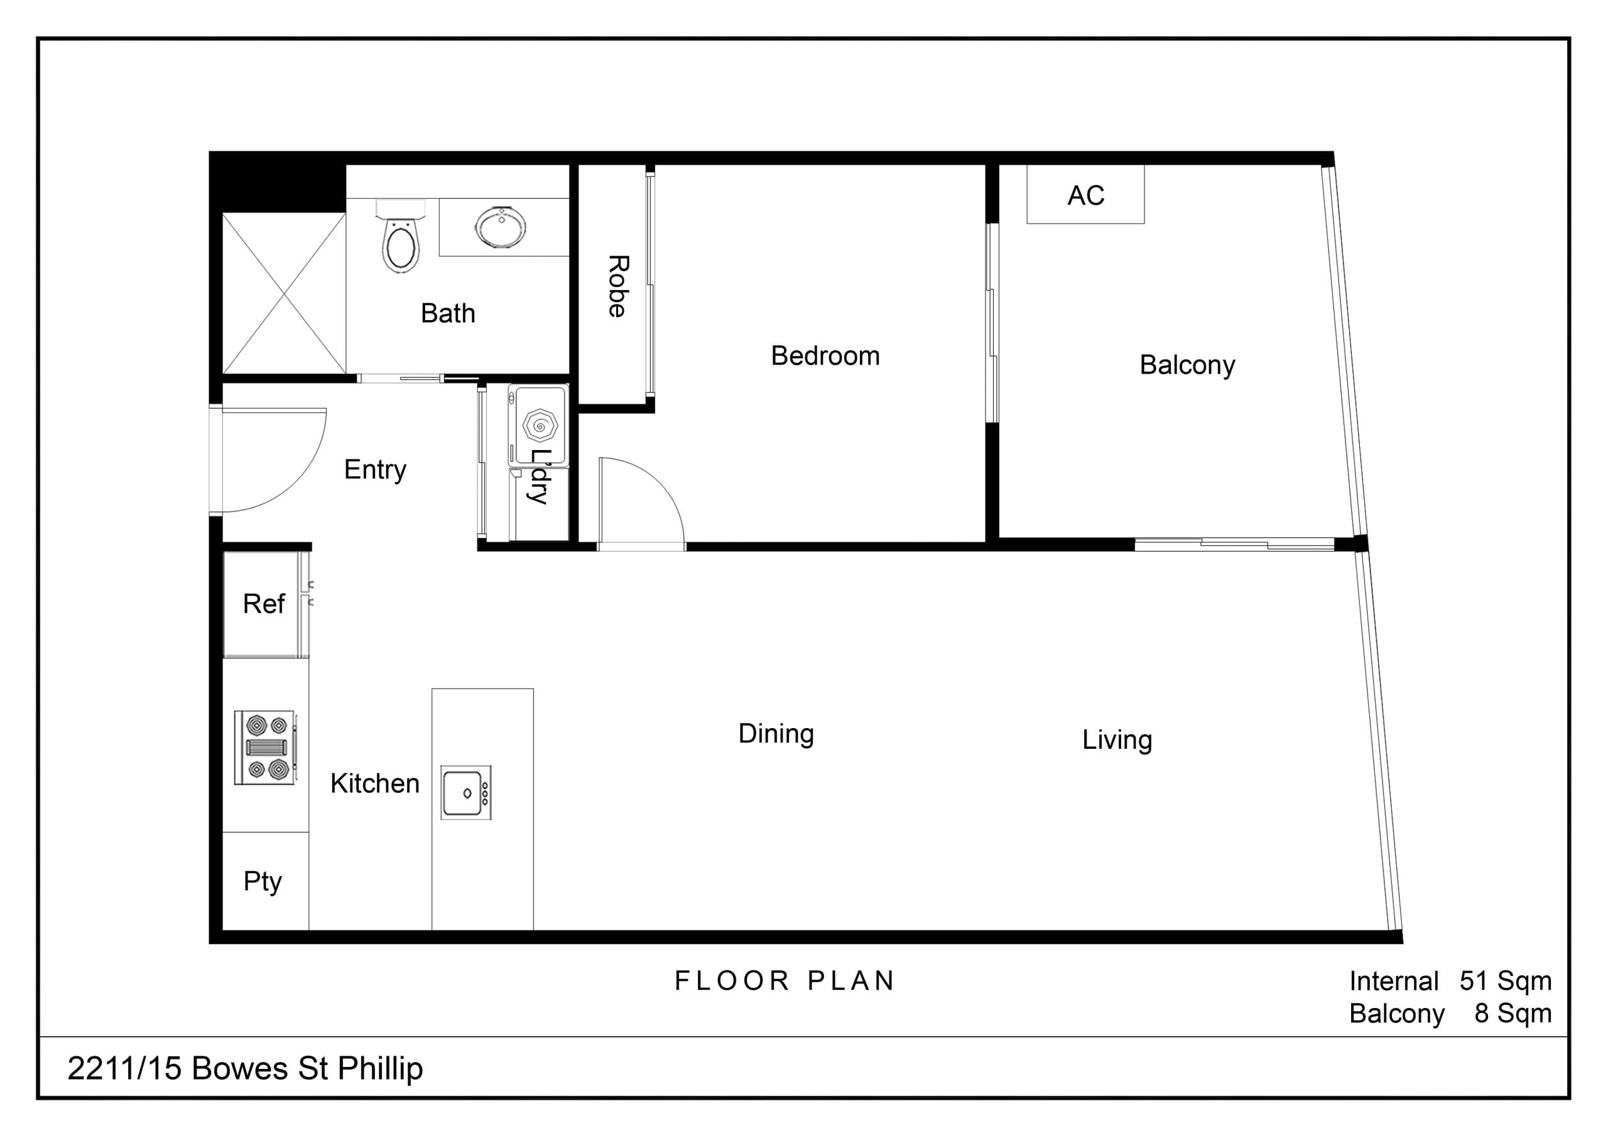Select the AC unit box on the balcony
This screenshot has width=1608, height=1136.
[x=1085, y=195]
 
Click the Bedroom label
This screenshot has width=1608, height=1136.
[x=825, y=356]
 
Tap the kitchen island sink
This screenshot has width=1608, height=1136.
[x=465, y=792]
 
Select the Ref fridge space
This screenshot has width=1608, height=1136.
[x=264, y=604]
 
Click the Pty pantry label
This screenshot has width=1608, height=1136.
[x=263, y=881]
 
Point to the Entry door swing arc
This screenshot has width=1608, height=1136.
[x=301, y=476]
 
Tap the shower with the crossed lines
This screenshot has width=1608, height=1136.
[x=285, y=293]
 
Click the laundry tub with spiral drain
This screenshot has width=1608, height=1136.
[x=540, y=424]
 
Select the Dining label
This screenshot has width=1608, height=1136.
[x=776, y=734]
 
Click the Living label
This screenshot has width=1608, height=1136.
[x=1116, y=740]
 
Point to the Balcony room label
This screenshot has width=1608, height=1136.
[x=1187, y=365]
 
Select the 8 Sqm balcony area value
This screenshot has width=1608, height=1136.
[x=1513, y=1013]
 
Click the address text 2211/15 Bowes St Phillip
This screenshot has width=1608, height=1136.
[x=245, y=1069]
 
